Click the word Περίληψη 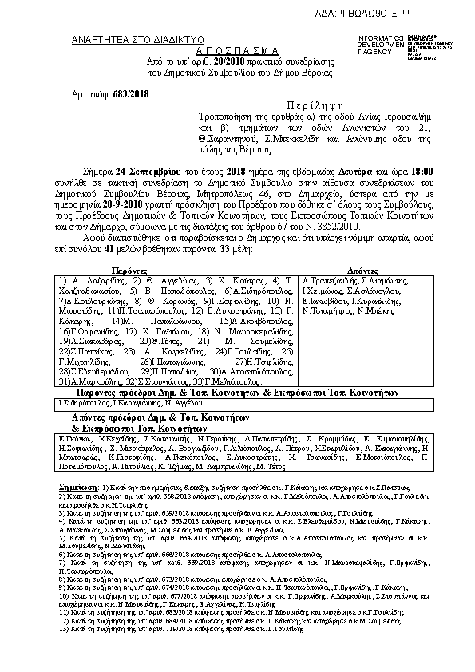tap(319, 105)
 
